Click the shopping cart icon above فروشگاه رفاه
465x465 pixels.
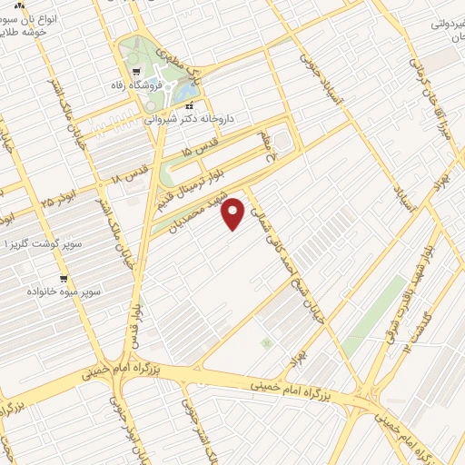pyautogui.click(x=136, y=71)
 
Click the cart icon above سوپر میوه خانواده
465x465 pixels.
pyautogui.click(x=63, y=279)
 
